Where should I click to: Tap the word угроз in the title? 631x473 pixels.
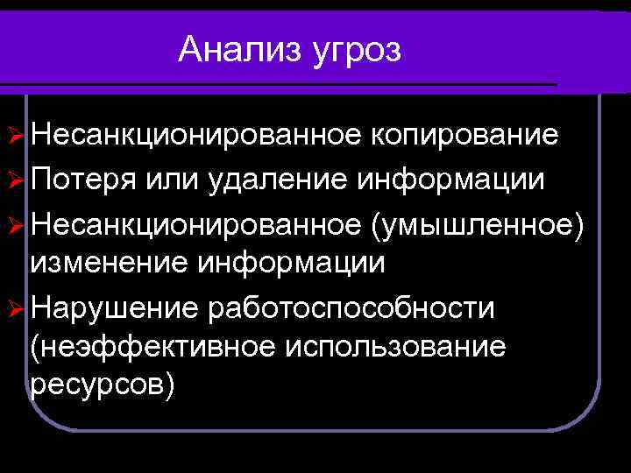pyautogui.click(x=355, y=51)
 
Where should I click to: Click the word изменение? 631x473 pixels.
pyautogui.click(x=108, y=262)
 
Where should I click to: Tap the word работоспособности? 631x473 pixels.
pyautogui.click(x=352, y=309)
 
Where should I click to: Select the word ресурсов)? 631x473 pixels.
pyautogui.click(x=103, y=388)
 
